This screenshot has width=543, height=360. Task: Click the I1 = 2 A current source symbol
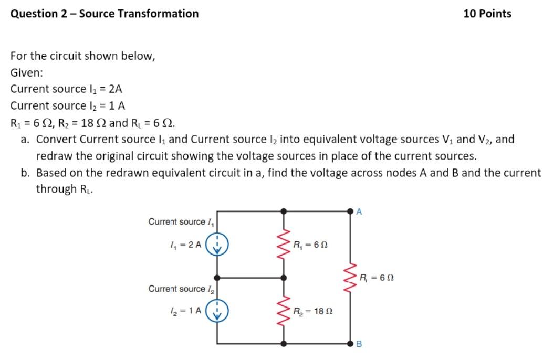[216, 245]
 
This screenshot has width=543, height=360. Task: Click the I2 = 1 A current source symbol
[216, 310]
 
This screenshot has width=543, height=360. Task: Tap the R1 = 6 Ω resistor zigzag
[284, 245]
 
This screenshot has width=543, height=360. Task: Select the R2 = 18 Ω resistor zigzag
[284, 311]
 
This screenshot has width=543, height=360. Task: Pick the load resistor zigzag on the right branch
[351, 278]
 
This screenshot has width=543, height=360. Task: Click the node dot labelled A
[351, 211]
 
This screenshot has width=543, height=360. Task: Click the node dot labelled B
[351, 344]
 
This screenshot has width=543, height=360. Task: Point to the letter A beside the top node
[359, 211]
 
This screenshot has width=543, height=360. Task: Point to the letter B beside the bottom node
[359, 345]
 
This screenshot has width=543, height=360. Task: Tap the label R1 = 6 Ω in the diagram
[310, 245]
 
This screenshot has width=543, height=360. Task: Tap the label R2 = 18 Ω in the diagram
[313, 311]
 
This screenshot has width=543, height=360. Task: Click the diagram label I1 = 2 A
[183, 245]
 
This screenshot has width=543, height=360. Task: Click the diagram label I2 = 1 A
[183, 311]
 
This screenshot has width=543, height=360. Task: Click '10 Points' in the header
[487, 14]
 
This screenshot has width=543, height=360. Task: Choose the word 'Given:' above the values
[26, 72]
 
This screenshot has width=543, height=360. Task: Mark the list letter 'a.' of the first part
[26, 140]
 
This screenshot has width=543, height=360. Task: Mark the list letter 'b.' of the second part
[26, 173]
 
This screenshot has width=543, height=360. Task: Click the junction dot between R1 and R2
[284, 278]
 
